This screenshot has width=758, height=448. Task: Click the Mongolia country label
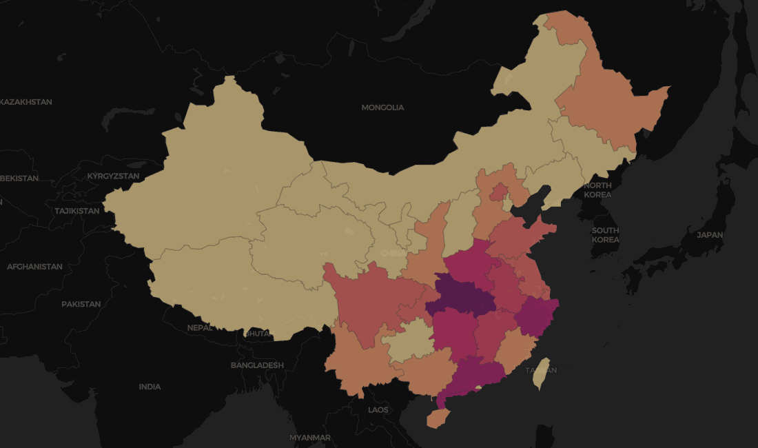[382, 108]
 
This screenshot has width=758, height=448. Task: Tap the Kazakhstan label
[25, 102]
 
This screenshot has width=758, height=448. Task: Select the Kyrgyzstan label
[113, 176]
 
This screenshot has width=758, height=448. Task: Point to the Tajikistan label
[77, 211]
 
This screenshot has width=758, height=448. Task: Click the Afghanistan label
[34, 267]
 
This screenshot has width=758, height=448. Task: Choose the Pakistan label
[81, 304]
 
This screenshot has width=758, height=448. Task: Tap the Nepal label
[200, 328]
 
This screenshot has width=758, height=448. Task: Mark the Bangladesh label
[257, 365]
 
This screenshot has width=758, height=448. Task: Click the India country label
[150, 387]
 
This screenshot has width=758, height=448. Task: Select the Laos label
[378, 410]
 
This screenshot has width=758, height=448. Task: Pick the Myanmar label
[310, 438]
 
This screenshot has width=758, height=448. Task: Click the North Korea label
[597, 190]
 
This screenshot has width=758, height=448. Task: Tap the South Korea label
[605, 235]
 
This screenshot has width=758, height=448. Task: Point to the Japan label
[710, 235]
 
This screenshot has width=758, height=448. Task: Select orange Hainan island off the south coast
[435, 418]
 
